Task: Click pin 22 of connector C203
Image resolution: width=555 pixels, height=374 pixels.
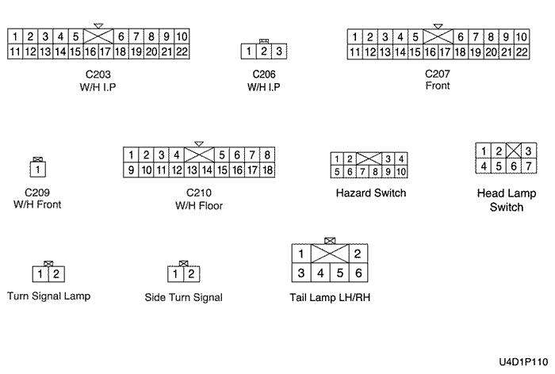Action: pyautogui.click(x=181, y=52)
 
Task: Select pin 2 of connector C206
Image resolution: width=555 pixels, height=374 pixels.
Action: pyautogui.click(x=263, y=52)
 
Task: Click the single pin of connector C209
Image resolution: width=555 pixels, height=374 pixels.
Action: pyautogui.click(x=36, y=170)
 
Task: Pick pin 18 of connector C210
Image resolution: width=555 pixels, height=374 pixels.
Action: pyautogui.click(x=267, y=170)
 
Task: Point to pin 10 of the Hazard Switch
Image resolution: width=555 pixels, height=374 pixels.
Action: pyautogui.click(x=401, y=171)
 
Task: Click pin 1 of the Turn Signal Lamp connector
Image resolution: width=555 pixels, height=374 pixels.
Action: pyautogui.click(x=40, y=274)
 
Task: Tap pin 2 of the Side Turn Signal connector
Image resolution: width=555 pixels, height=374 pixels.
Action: pyautogui.click(x=190, y=274)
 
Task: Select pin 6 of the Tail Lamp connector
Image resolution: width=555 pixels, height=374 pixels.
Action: pyautogui.click(x=358, y=273)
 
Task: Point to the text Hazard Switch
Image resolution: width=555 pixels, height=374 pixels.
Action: pyautogui.click(x=371, y=193)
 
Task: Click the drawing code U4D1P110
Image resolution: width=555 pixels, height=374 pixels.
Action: pyautogui.click(x=523, y=361)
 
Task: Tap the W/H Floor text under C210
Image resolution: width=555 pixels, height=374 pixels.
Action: pyautogui.click(x=198, y=206)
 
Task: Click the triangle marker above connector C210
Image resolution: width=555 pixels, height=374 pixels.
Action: pyautogui.click(x=198, y=143)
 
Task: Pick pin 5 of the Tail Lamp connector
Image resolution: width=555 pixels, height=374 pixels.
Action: pyautogui.click(x=339, y=273)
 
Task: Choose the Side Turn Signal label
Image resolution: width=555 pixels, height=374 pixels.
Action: pyautogui.click(x=183, y=298)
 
